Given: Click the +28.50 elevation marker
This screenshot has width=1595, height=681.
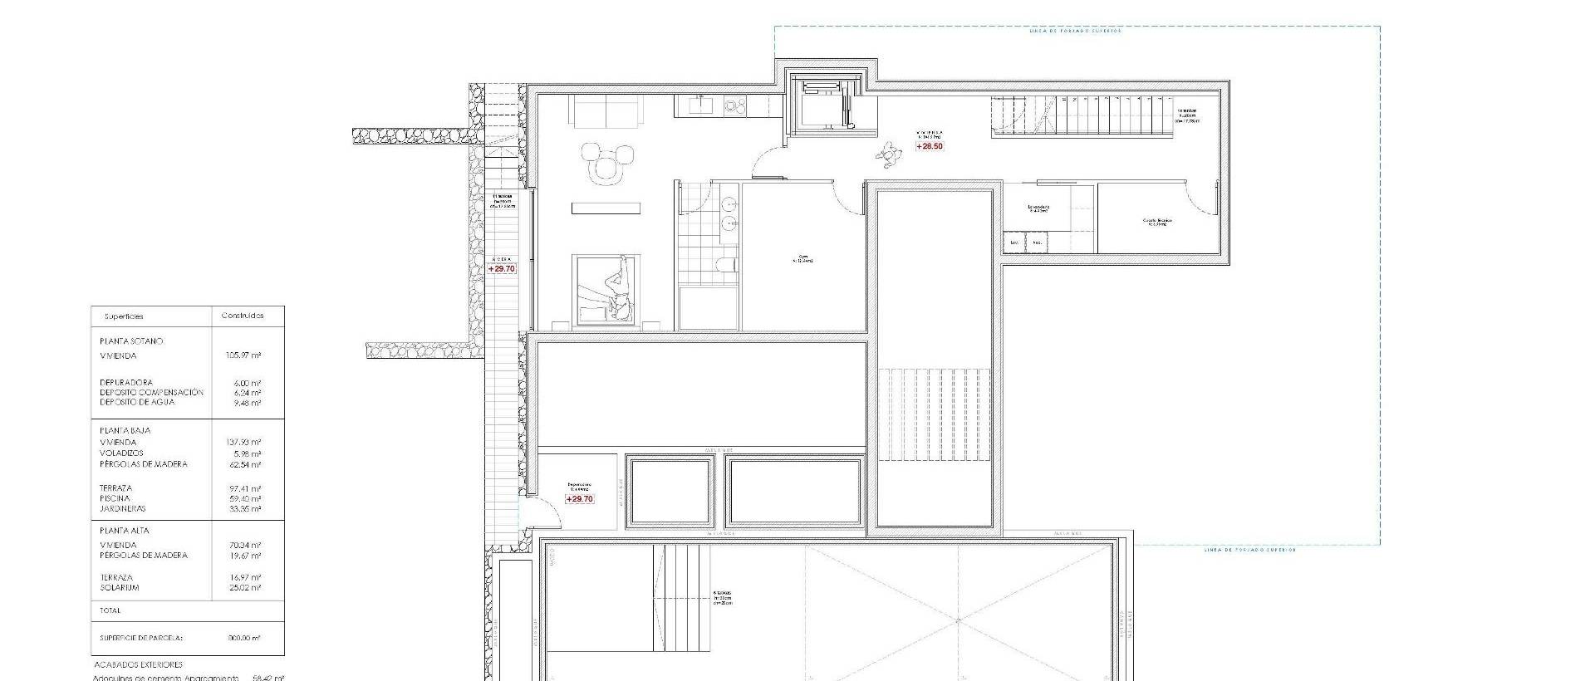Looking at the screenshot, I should point(930,146).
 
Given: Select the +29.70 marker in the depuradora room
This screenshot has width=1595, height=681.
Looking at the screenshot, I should point(579,499).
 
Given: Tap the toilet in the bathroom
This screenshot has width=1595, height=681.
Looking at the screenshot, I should point(725,265).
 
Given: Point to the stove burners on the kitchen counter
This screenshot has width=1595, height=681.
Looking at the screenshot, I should point(734,105).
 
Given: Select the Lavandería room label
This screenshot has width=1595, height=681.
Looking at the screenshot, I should point(1038,208).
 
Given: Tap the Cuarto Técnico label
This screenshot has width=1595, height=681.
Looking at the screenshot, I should point(1157,222).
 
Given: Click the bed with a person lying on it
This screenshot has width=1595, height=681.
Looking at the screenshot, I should point(606,287).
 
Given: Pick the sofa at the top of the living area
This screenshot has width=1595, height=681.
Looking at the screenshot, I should point(605,112).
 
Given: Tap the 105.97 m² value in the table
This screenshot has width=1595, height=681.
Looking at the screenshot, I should point(243,355).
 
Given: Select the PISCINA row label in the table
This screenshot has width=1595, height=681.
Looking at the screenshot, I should point(115,498).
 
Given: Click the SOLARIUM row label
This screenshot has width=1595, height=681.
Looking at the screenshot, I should point(120,587).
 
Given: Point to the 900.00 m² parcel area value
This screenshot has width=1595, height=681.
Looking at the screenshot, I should point(243,638).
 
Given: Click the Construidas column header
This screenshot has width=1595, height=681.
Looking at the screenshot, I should point(243,316).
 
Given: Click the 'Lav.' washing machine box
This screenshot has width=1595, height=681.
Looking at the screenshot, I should point(1013,243).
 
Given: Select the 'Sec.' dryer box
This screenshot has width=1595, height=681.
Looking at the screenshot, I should point(1037,243).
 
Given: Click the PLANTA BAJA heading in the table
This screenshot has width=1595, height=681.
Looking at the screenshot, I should point(125,430).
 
